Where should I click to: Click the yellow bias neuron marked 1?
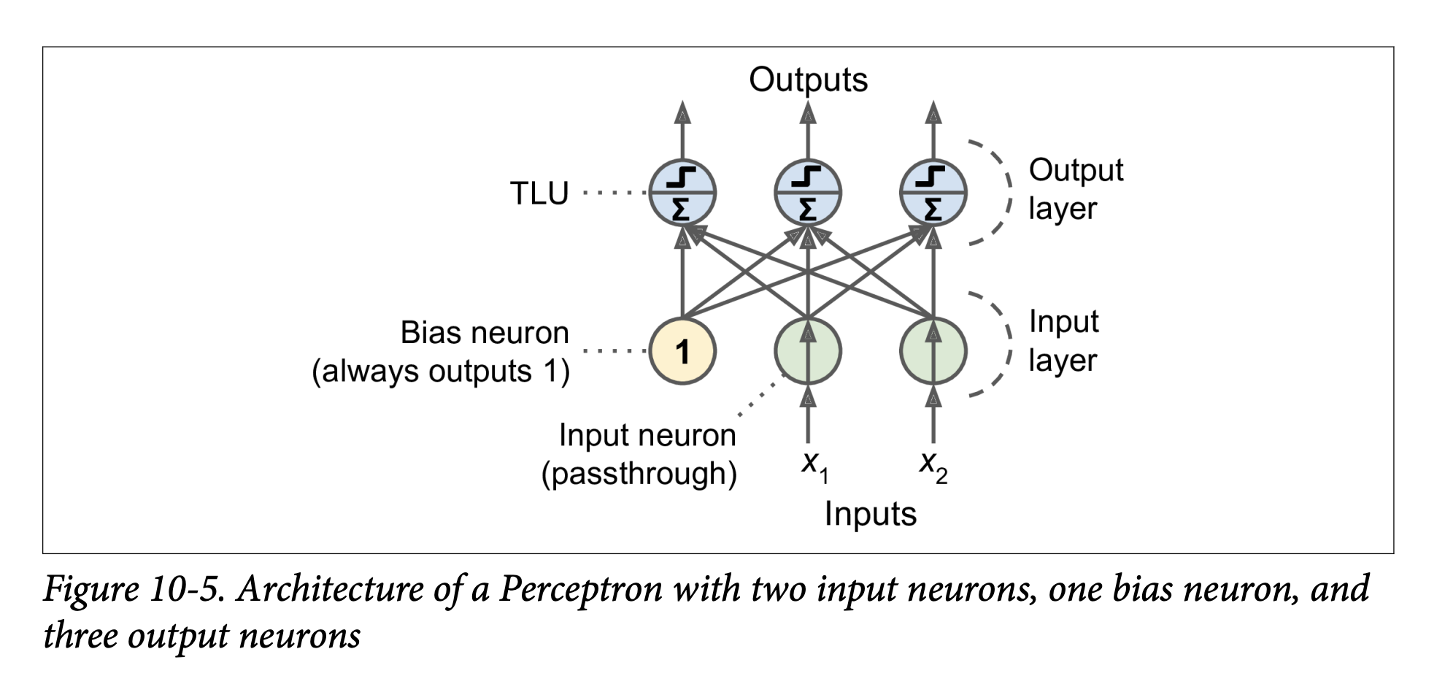pos(682,351)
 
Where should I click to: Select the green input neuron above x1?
pos(807,351)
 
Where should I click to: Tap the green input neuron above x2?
pos(933,351)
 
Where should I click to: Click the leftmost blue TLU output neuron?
pos(682,193)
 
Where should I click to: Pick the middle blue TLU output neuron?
pos(807,193)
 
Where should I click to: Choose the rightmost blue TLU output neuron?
pos(933,193)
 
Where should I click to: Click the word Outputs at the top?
pos(808,80)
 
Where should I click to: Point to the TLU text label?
pos(539,193)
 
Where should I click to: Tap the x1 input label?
pos(814,465)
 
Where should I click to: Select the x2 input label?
pos(933,465)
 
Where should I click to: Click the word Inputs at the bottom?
pos(870,514)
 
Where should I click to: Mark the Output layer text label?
pos(1075,189)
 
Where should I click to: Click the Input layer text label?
pos(1063,341)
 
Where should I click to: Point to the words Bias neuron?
pos(484,333)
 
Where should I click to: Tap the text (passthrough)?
pos(639,474)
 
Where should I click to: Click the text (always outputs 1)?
pos(441,372)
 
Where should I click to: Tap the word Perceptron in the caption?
pos(580,589)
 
